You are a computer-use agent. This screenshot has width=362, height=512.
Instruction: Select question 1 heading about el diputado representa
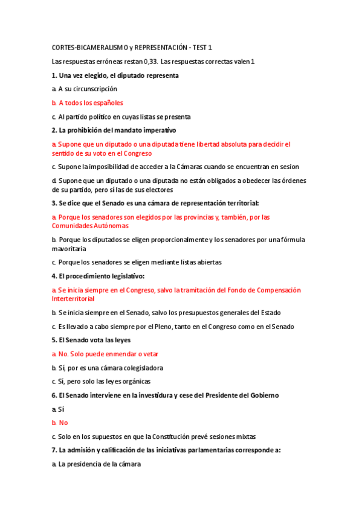tap(115, 75)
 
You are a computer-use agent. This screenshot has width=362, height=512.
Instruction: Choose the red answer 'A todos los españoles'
tap(91, 103)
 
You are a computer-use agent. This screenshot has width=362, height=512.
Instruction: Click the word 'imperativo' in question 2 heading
tap(158, 130)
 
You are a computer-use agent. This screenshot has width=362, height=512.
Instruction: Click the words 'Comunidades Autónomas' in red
tap(90, 225)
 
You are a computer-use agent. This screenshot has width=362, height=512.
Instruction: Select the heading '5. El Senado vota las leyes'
tap(91, 340)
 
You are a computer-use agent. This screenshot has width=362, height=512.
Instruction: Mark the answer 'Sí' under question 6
tap(61, 409)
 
